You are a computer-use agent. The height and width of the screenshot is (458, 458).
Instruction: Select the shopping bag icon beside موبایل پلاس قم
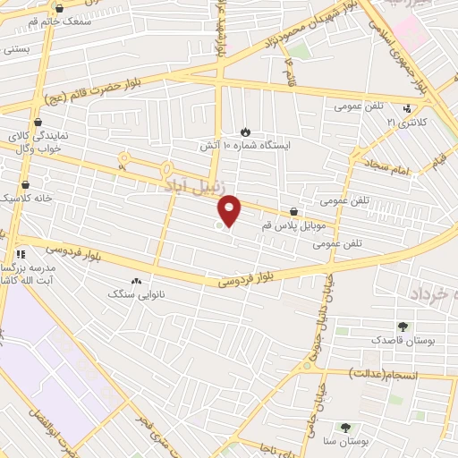click(x=293, y=212)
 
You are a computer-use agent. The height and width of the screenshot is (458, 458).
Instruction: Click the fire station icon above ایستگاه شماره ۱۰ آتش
click(x=246, y=131)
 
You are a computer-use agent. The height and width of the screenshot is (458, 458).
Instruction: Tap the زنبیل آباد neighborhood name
click(x=191, y=186)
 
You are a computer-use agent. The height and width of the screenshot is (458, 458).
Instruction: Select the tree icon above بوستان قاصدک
click(x=403, y=326)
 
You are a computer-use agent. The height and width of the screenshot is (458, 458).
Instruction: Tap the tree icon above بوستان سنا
click(x=346, y=428)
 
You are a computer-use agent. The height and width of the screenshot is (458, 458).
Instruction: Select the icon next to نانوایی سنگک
click(x=137, y=280)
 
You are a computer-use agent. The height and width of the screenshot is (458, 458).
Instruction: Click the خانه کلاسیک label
click(x=27, y=197)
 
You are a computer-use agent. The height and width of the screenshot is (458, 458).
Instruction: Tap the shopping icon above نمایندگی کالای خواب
click(x=37, y=123)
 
